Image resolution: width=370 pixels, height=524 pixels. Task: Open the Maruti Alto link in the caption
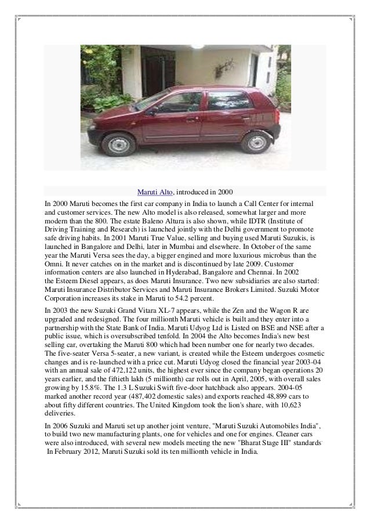point(155,191)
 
